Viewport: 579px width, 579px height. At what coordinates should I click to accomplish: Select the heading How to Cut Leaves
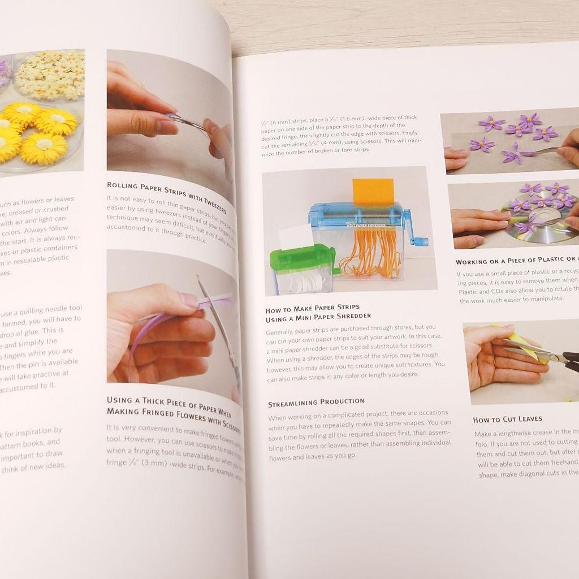507,419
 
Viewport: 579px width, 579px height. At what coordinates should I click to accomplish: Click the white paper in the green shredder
295,236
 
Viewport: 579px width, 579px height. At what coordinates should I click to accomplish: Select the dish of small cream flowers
50,76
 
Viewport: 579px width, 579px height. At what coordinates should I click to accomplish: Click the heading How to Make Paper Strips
313,309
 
